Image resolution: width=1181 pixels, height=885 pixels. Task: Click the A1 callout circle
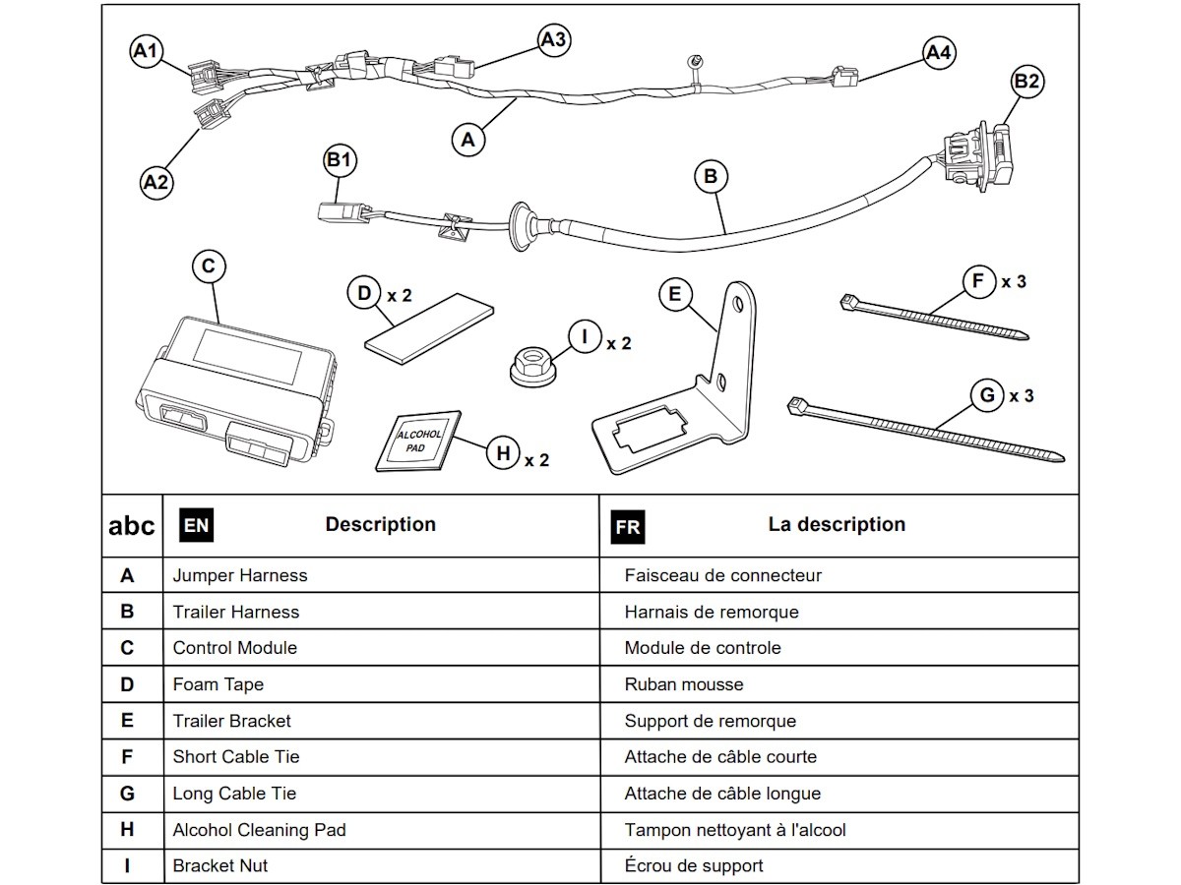click(x=146, y=51)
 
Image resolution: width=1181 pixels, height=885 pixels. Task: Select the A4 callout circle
click(x=939, y=52)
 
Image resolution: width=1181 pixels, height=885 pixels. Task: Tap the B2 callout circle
click(x=1026, y=82)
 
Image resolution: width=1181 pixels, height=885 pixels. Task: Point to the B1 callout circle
click(x=339, y=160)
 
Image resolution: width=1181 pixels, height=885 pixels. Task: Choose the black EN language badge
click(x=196, y=525)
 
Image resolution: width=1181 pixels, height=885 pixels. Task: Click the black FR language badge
click(x=628, y=526)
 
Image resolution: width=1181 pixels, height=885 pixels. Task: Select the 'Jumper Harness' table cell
click(x=240, y=575)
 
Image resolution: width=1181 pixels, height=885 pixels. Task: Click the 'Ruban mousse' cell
click(x=684, y=684)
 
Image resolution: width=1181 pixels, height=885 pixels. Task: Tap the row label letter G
click(x=127, y=794)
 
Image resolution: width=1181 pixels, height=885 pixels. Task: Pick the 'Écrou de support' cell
click(x=694, y=865)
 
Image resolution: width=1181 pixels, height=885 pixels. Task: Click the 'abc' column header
click(x=131, y=526)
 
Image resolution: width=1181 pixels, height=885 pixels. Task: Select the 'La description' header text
click(x=837, y=524)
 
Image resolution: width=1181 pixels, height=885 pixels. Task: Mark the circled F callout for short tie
click(x=978, y=281)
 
